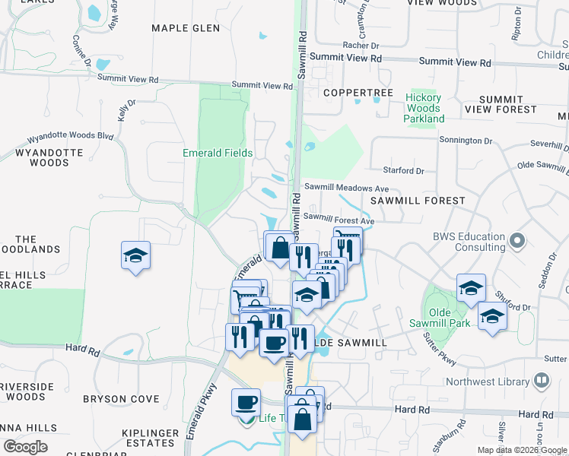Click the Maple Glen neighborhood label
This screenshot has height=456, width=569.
pos(186,28)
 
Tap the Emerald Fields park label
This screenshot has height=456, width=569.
pos(218,153)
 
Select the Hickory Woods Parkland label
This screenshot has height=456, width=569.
pos(424,108)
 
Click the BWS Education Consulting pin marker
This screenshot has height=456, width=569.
pos(518,241)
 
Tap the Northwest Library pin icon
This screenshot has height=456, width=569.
pos(542,379)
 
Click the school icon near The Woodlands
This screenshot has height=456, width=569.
pos(135,255)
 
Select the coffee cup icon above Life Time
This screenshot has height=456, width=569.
pos(246,402)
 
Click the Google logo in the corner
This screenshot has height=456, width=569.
pos(25,447)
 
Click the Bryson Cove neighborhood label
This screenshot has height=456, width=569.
pos(121,399)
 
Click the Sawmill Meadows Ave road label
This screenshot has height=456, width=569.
pos(347,188)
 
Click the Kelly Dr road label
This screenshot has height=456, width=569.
pos(126,111)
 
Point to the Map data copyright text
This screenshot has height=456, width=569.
pos(523,450)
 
